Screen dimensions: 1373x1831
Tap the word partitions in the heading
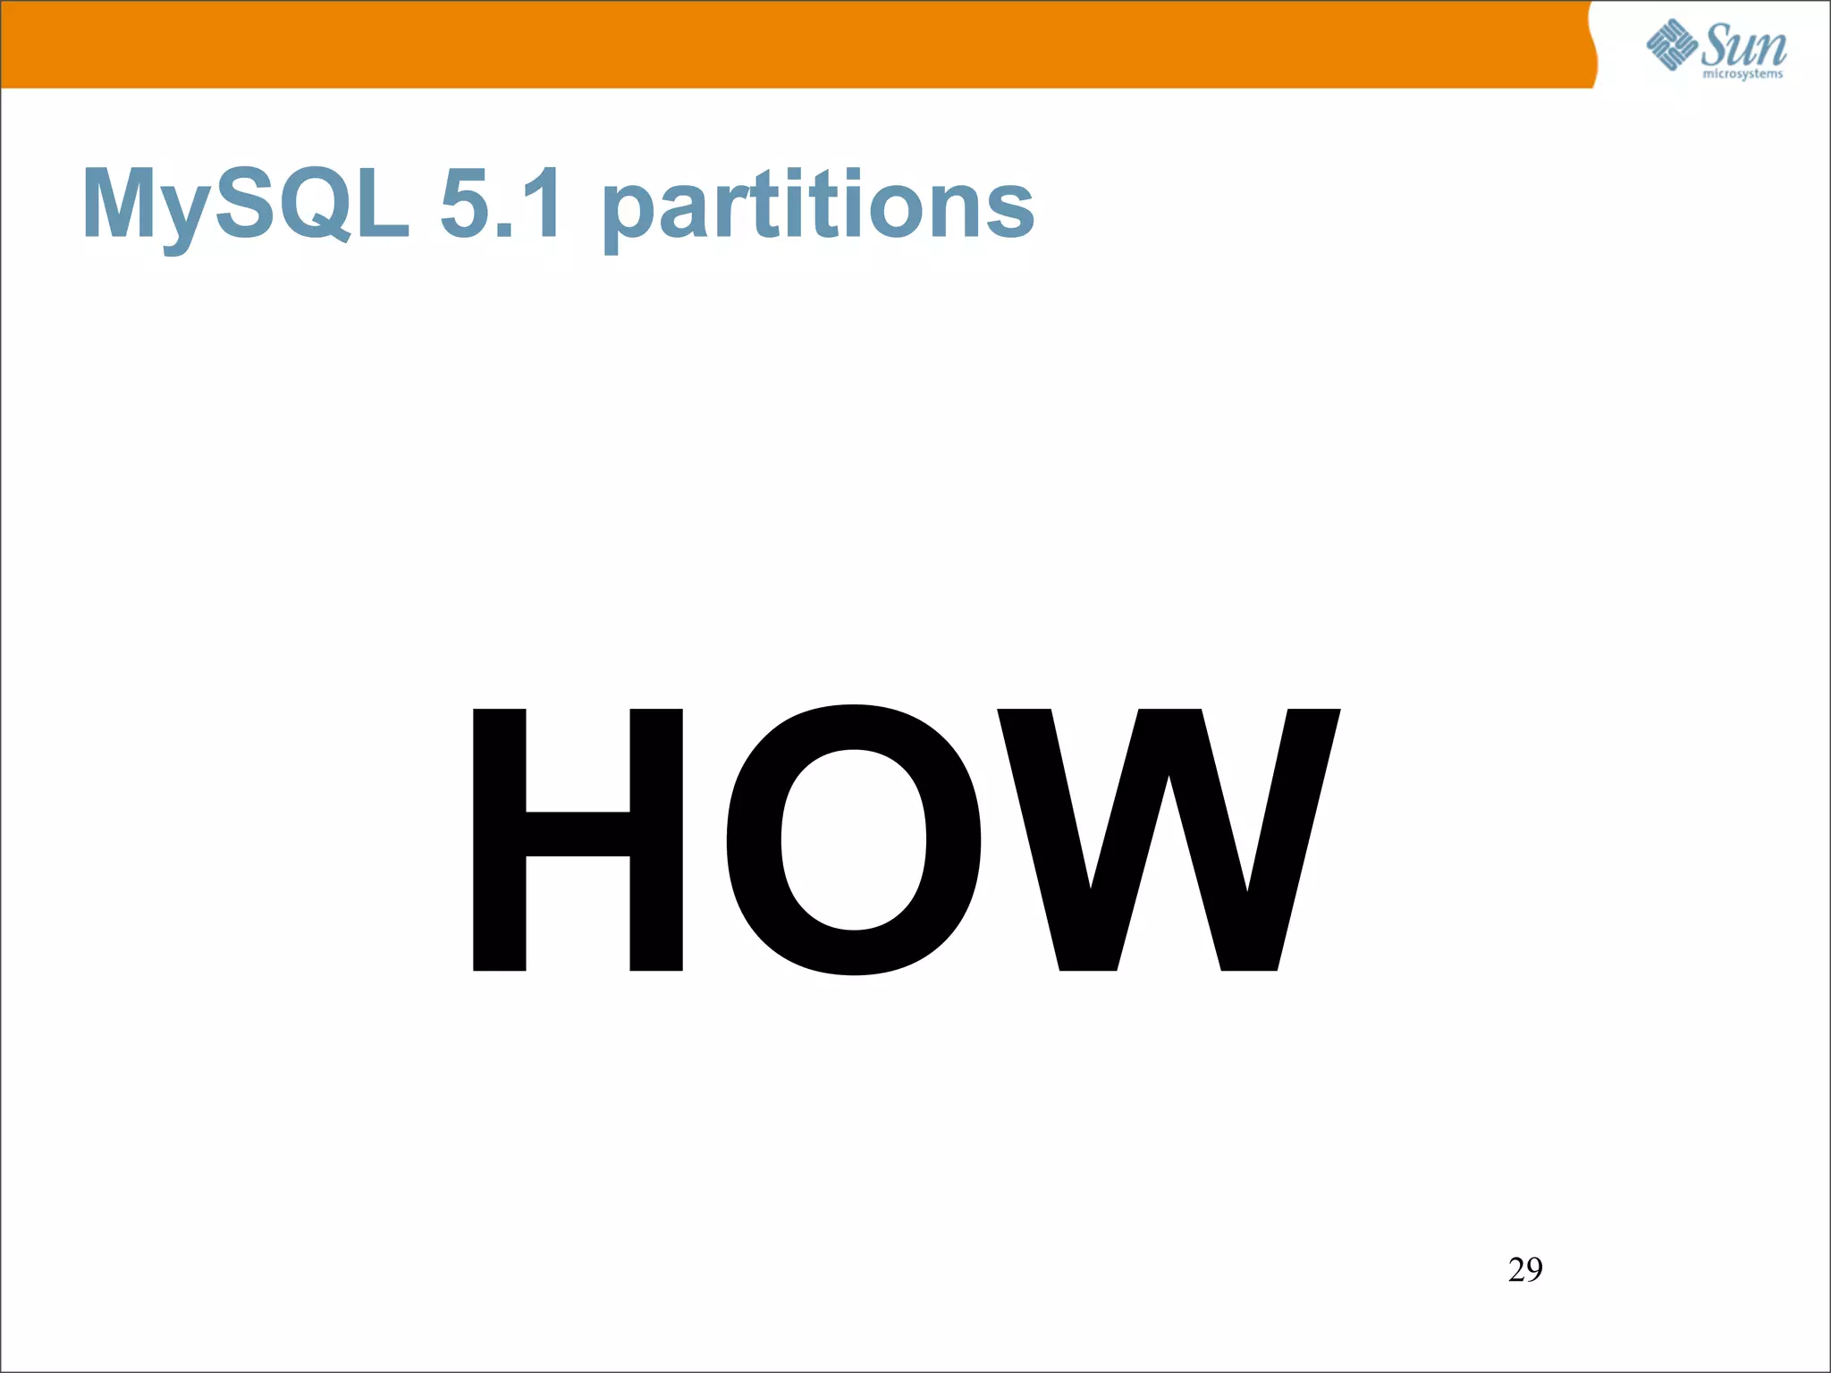point(818,207)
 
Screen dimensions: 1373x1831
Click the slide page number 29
point(1525,1269)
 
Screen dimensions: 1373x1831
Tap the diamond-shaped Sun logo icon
point(1672,46)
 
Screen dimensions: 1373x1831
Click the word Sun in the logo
point(1742,45)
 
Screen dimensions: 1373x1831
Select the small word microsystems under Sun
point(1742,74)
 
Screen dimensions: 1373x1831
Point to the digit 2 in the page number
point(1516,1269)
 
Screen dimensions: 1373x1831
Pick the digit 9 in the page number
point(1534,1269)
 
